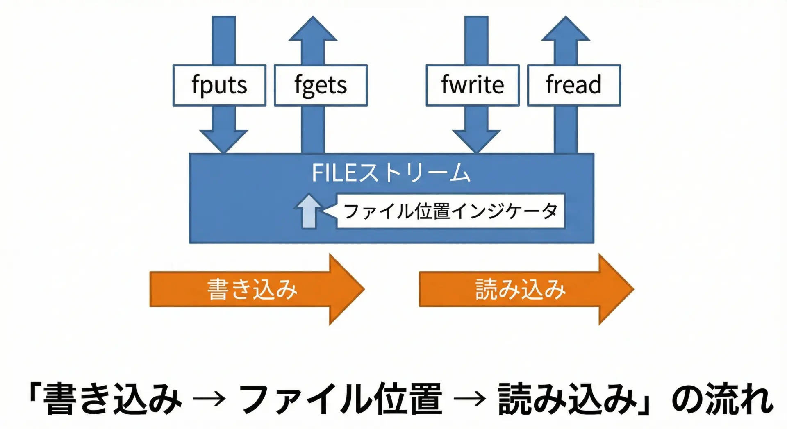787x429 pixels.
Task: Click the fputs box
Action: coord(219,85)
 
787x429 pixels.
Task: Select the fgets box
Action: coord(321,85)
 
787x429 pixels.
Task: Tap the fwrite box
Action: coord(473,85)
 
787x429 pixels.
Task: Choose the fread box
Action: coord(574,85)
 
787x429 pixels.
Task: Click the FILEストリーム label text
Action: coord(391,173)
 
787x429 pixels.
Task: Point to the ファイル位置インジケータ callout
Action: coord(450,211)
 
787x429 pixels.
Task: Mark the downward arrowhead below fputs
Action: coord(224,141)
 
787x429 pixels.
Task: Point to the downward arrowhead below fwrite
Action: coord(476,141)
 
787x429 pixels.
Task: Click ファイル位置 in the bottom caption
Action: coord(340,399)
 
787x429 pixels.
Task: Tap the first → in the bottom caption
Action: coord(209,399)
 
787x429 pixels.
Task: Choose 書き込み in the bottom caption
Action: coord(112,399)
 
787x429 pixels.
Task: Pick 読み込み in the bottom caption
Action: coord(568,399)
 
